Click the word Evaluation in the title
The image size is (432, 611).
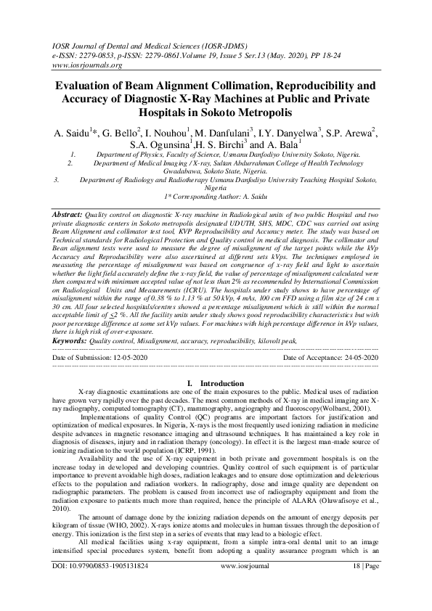89,86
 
